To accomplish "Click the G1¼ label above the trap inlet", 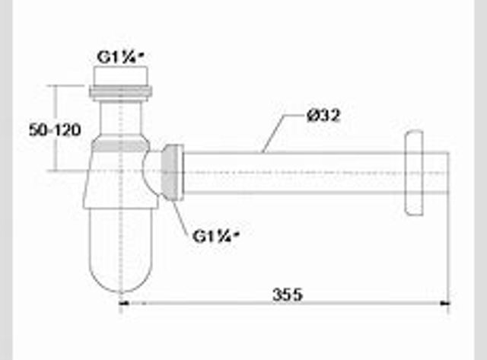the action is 121,57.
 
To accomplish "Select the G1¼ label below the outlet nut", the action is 216,237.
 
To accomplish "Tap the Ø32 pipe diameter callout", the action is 323,116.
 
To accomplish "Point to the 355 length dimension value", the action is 287,294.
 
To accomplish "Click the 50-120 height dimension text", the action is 55,130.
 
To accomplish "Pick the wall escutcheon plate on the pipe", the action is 414,173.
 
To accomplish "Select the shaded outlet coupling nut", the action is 173,173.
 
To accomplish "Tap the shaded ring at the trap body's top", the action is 121,145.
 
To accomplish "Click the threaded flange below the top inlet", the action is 121,92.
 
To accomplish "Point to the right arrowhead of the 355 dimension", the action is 446,304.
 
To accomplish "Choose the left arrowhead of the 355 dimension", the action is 125,304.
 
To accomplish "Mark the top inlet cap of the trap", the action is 121,76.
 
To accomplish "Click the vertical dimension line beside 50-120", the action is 56,128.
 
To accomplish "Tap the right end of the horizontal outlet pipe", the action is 448,173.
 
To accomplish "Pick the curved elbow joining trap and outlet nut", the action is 151,173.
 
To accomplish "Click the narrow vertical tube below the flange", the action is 121,118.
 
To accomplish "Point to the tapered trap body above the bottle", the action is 121,180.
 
